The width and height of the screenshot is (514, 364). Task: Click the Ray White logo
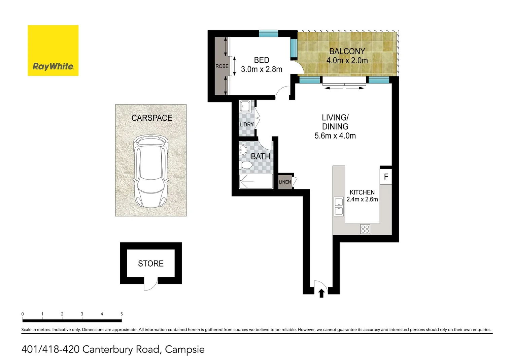[x=53, y=50]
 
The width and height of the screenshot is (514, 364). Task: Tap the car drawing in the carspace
[x=151, y=171]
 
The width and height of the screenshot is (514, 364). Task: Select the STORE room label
[x=151, y=263]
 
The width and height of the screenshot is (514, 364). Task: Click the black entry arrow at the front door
[x=321, y=293]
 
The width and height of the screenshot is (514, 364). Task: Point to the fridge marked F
[x=386, y=177]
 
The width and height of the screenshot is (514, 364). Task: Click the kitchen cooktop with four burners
[x=365, y=229]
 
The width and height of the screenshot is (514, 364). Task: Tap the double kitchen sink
[x=339, y=206]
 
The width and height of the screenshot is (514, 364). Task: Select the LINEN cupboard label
[x=285, y=182]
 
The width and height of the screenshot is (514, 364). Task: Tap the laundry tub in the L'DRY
[x=245, y=106]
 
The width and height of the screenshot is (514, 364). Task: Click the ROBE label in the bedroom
[x=222, y=66]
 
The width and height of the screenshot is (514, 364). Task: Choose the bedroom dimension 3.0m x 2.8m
[x=261, y=69]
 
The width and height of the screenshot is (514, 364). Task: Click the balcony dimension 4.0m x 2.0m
[x=347, y=60]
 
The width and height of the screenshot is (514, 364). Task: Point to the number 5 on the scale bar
[x=122, y=314]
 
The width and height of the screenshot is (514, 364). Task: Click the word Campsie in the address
[x=185, y=350]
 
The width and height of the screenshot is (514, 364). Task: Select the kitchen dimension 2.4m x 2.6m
[x=362, y=199]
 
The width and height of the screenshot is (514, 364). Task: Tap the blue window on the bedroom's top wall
[x=269, y=33]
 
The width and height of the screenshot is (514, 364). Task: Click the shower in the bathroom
[x=256, y=181]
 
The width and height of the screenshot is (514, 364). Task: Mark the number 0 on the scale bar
[x=23, y=314]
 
